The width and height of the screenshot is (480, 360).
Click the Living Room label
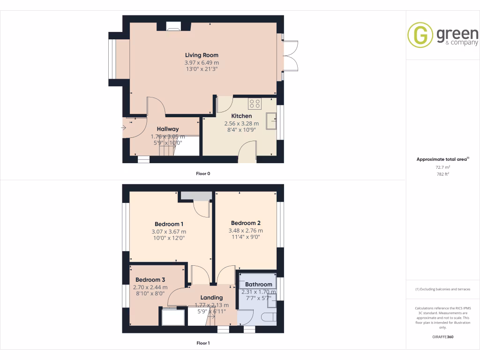coord(202,55)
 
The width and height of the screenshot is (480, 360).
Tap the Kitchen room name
coord(241,116)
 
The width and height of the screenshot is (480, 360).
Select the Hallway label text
coord(168,129)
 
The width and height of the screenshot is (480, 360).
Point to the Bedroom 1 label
coord(169,224)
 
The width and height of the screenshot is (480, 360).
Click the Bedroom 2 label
coord(246,223)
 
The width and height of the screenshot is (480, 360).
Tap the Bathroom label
coord(259,285)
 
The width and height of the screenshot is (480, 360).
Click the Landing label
coord(211,298)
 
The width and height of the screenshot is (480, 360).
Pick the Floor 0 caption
coord(203,174)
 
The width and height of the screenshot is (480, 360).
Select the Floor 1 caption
coord(203,343)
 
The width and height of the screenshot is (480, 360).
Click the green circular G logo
coord(420,35)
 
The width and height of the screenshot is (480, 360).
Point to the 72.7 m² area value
coord(443,167)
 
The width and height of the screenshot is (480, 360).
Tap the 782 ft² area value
coord(443,174)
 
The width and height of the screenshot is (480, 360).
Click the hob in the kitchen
coord(255,104)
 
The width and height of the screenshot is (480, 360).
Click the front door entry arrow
coord(125,127)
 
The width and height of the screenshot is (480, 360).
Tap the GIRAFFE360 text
coord(443,337)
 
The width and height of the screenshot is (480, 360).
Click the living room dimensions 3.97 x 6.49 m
coord(202,62)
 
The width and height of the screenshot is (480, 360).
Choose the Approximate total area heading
coord(442,159)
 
